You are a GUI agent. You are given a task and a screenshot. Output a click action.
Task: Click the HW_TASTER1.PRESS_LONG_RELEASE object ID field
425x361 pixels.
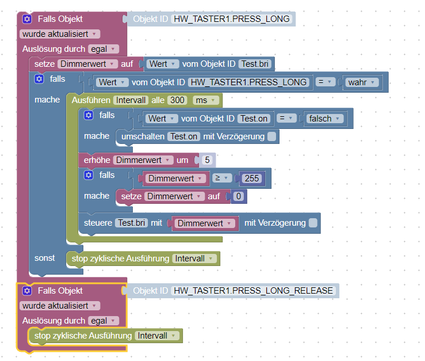[x=254, y=290]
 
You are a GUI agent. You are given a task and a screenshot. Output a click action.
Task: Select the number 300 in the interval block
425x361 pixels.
[x=178, y=100]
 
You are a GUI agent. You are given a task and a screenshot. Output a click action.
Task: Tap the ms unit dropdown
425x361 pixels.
[x=206, y=100]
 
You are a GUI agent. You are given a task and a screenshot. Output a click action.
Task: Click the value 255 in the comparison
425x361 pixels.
[x=252, y=178]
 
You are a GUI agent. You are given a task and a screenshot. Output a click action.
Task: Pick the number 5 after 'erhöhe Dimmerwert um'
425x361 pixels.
[x=207, y=159]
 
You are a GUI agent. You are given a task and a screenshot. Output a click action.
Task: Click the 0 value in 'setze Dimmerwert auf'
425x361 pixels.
[x=238, y=196]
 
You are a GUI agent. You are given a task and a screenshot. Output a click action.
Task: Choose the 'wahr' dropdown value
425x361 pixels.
[x=362, y=82]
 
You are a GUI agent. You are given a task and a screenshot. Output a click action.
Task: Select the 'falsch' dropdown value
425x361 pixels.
[x=324, y=119]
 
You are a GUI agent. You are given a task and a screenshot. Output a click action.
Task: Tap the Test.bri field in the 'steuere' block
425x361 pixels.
[x=131, y=222]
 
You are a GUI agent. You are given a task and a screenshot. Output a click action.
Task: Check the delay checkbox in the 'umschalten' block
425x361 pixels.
[x=271, y=136]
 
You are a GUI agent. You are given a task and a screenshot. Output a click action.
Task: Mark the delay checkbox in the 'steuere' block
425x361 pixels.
[x=313, y=222]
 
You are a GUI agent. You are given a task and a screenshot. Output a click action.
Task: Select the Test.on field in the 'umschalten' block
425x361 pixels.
[x=184, y=136]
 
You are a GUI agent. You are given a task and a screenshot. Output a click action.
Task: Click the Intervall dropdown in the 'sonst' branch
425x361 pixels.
[x=195, y=259]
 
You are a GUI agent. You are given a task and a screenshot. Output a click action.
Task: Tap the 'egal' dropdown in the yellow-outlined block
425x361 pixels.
[x=103, y=320]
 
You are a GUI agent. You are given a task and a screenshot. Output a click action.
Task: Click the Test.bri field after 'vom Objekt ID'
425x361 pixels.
[x=256, y=63]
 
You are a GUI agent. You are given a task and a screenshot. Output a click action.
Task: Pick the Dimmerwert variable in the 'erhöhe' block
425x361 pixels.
[x=143, y=159]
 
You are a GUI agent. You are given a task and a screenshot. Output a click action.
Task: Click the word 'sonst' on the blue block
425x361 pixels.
[x=45, y=258]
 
